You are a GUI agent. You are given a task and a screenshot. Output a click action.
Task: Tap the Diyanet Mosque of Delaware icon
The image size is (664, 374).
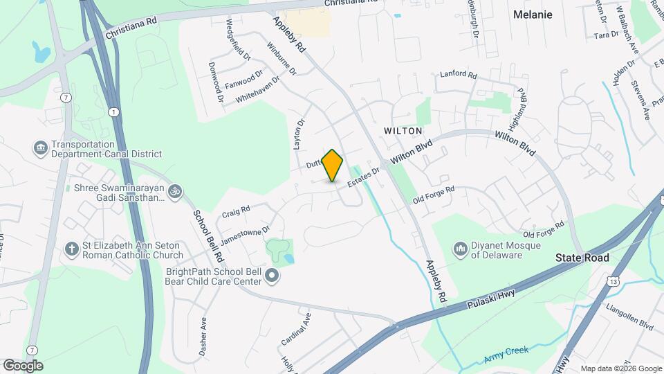tap(461, 248)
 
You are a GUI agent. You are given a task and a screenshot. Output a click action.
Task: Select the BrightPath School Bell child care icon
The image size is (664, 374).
tap(272, 276)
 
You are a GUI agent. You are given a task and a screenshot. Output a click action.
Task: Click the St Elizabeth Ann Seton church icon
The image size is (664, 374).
tap(71, 248)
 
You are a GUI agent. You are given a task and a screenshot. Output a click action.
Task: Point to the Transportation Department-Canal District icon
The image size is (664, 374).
tap(40, 148)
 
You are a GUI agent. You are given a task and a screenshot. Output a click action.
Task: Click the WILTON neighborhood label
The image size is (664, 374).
tap(403, 130)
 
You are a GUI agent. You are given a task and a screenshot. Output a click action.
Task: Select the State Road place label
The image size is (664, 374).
tap(582, 258)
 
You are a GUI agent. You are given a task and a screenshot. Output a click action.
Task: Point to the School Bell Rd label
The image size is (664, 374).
tap(208, 236)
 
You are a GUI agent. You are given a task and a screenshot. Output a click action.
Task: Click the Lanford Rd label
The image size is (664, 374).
tap(459, 74)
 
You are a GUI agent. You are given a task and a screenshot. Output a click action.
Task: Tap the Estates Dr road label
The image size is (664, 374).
tap(364, 177)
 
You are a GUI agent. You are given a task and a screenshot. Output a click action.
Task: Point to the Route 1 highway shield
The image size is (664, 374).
tap(113, 112)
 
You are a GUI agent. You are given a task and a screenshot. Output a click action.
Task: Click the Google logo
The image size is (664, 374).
tap(23, 365)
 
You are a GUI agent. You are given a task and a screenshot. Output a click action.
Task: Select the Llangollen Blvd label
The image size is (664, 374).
tap(629, 316)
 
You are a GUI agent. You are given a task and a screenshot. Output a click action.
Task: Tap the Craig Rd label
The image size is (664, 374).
tap(236, 211)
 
